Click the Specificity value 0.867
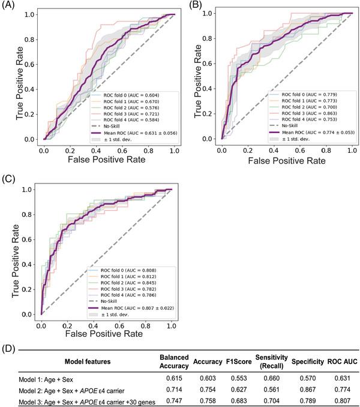306,390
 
